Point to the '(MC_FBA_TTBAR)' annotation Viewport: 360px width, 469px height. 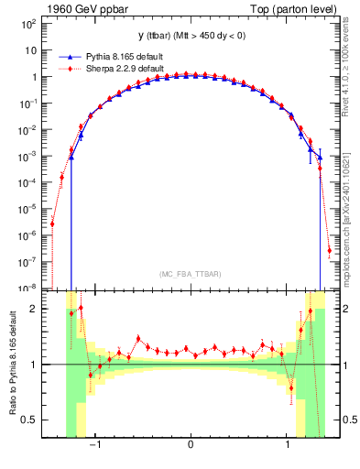click(191, 274)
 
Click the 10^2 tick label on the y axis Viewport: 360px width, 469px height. click(29, 24)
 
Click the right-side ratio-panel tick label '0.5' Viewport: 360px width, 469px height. click(345, 420)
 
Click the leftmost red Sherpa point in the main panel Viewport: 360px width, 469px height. click(52, 223)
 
